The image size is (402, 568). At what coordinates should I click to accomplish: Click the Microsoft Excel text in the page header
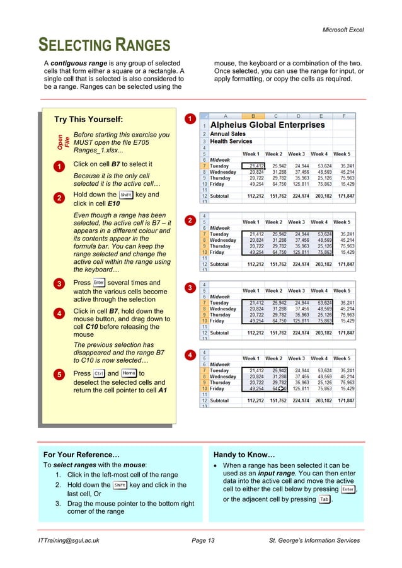[x=343, y=30]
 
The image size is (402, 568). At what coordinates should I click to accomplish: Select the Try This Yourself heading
[x=89, y=120]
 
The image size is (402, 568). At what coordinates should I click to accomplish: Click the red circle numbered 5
[x=57, y=375]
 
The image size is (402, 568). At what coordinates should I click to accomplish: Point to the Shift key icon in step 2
[x=125, y=195]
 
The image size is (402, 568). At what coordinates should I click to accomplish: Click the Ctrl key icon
[x=99, y=373]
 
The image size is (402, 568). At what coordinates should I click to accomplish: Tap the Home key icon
[x=129, y=373]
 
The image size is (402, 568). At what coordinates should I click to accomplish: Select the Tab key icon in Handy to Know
[x=324, y=499]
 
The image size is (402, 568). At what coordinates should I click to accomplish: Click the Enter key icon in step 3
[x=99, y=283]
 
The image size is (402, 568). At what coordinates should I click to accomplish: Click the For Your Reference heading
[x=81, y=454]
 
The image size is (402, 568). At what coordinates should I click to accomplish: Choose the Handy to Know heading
[x=244, y=454]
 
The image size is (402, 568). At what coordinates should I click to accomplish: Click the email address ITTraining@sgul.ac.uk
[x=67, y=540]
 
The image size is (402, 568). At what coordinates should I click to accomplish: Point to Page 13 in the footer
[x=203, y=540]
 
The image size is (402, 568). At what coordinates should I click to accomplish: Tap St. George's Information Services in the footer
[x=314, y=540]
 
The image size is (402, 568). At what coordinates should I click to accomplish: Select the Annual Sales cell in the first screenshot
[x=227, y=134]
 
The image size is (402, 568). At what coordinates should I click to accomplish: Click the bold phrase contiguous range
[x=78, y=63]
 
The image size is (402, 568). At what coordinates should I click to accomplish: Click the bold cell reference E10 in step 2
[x=113, y=204]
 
